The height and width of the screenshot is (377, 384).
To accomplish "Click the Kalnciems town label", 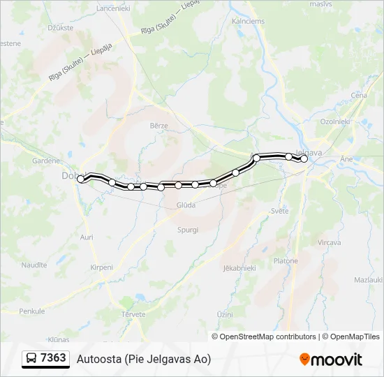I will pos(249,21).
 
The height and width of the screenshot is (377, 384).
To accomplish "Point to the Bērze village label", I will pos(159,125).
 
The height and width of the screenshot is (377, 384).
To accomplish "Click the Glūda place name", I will pos(186,205).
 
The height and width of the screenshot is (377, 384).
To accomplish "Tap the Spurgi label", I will pos(188,230).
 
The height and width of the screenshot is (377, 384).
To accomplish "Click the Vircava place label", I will pos(329,242).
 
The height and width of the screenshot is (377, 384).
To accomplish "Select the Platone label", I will pos(286,261).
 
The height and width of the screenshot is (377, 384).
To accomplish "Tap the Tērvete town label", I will pos(133,315).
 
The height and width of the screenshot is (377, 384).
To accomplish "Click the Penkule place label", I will pos(31,311).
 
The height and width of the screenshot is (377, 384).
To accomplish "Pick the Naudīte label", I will pos(34,265).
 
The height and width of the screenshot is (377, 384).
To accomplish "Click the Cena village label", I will pos(359,95).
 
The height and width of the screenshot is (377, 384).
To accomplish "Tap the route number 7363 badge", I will pos(54,358).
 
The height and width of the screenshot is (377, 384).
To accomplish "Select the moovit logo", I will pos(331,360).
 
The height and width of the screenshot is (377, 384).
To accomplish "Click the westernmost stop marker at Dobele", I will pos(81,179).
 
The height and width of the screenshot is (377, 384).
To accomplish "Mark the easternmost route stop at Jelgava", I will pos(304,158).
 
